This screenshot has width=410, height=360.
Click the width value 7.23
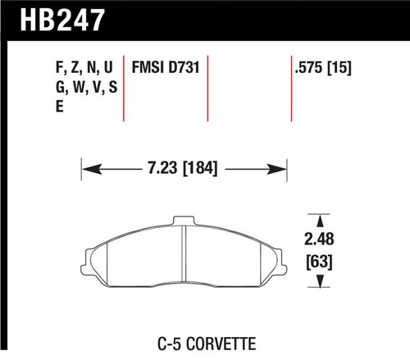pyautogui.click(x=151, y=171)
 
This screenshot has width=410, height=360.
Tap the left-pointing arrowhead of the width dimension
pyautogui.click(x=86, y=171)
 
